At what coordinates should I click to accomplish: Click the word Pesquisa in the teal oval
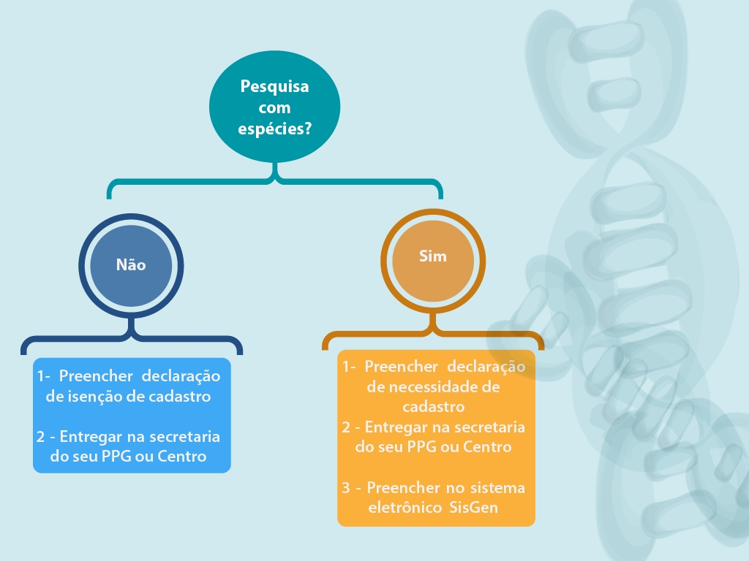coord(274,87)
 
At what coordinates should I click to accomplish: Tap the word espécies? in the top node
coord(275,129)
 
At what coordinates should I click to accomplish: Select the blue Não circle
coord(131,266)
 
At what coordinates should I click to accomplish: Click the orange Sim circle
coord(433,261)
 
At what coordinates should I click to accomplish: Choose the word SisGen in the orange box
coord(474,507)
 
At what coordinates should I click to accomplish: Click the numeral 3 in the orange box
coord(346,487)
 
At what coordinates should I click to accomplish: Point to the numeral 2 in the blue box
coord(41,437)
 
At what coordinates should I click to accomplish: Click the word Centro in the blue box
coord(182,457)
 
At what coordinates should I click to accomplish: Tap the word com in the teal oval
coord(275,108)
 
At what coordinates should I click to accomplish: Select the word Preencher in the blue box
coord(96,376)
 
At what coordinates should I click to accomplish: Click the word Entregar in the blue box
coord(91,437)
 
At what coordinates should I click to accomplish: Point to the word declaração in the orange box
coord(486,367)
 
